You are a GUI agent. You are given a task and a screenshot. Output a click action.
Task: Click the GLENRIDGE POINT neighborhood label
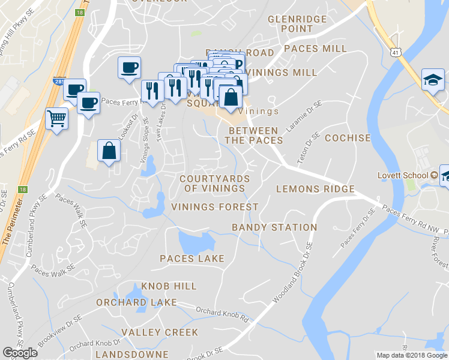point(298,24)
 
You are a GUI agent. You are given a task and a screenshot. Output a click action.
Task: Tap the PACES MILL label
point(315,49)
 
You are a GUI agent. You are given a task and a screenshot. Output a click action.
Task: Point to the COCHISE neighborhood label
point(348,138)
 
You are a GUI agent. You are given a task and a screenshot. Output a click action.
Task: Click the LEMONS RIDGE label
point(315,189)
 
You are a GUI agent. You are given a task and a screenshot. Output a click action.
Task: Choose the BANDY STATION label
point(274,227)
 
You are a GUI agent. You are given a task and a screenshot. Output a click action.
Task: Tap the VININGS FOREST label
point(214,207)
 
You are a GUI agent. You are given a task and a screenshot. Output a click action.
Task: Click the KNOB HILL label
point(169,286)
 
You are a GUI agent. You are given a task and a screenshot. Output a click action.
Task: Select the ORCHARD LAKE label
point(136,302)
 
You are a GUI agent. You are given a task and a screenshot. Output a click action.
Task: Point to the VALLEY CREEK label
point(159,332)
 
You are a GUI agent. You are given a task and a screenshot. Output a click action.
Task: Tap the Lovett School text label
point(402,175)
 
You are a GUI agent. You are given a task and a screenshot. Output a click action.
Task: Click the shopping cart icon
point(56,118)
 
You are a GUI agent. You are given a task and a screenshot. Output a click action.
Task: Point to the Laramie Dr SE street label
point(310,116)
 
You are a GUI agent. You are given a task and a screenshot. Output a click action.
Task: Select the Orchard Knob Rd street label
point(221,314)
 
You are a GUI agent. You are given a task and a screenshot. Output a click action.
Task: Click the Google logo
point(20,353)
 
